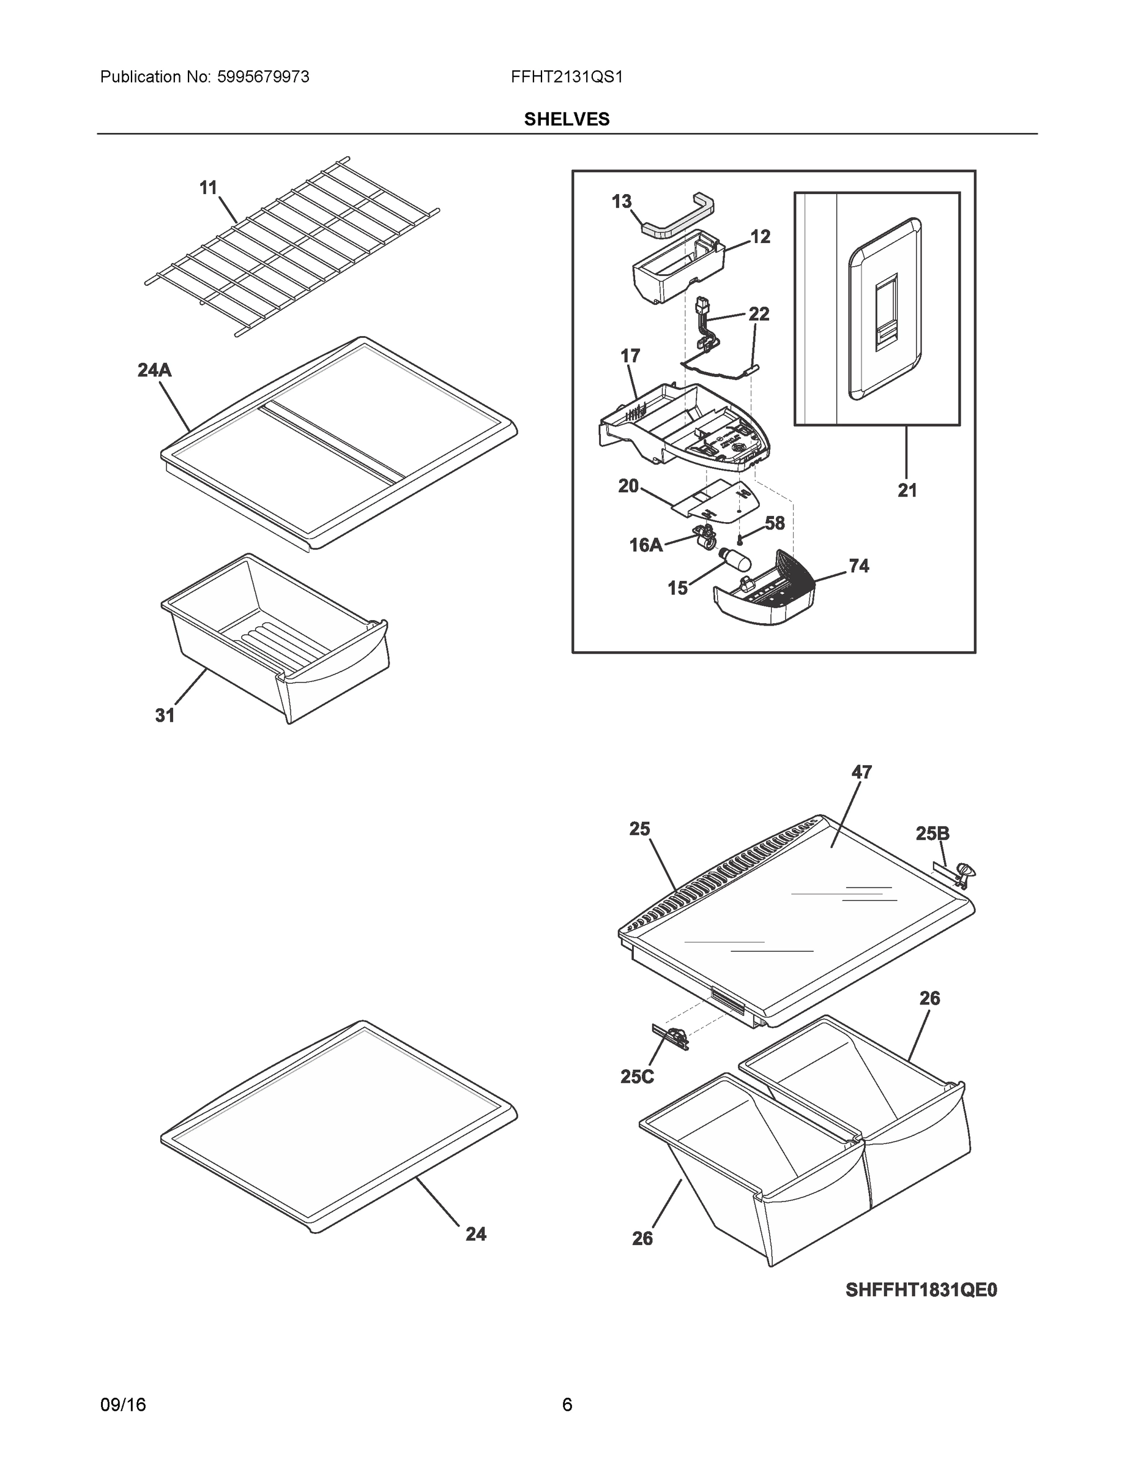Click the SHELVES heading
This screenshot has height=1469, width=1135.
click(x=566, y=119)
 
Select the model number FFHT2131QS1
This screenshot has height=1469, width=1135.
click(x=566, y=77)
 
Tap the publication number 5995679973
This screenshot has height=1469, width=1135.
click(x=262, y=77)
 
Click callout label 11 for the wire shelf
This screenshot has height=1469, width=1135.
click(x=209, y=188)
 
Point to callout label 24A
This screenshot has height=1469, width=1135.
click(x=154, y=370)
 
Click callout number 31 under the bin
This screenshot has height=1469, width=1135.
click(x=165, y=716)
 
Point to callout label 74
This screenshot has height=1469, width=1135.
click(x=858, y=566)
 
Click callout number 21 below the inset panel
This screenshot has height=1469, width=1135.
click(x=906, y=491)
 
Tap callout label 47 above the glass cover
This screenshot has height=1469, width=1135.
click(x=861, y=772)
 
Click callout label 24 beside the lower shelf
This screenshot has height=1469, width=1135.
click(x=475, y=1233)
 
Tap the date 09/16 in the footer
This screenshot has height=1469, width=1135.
click(x=122, y=1405)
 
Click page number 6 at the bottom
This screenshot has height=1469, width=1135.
click(x=567, y=1405)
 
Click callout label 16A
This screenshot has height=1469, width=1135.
click(x=646, y=545)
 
